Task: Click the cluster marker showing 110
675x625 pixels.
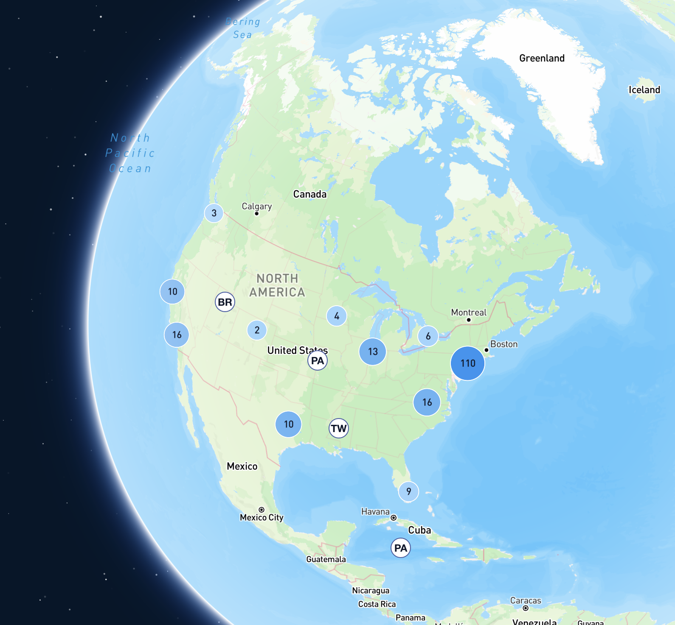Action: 467,363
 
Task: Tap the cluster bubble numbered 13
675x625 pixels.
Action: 373,352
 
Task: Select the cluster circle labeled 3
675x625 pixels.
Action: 214,213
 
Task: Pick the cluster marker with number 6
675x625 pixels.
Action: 428,336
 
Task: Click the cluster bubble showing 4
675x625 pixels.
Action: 337,316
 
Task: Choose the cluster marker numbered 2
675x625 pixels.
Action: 257,330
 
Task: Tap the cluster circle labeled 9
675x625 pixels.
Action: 408,491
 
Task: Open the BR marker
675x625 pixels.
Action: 225,302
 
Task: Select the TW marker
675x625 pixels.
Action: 339,428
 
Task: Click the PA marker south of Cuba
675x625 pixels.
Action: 401,548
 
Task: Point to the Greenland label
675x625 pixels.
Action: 542,58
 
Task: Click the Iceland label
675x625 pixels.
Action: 644,90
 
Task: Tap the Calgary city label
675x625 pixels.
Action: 256,206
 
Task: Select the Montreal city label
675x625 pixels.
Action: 469,312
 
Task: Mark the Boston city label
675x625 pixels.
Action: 504,344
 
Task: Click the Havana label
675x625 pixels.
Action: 375,512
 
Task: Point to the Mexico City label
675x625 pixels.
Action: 262,517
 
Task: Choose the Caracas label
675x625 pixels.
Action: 526,601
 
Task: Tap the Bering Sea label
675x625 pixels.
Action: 243,28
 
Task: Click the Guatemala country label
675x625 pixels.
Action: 326,559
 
